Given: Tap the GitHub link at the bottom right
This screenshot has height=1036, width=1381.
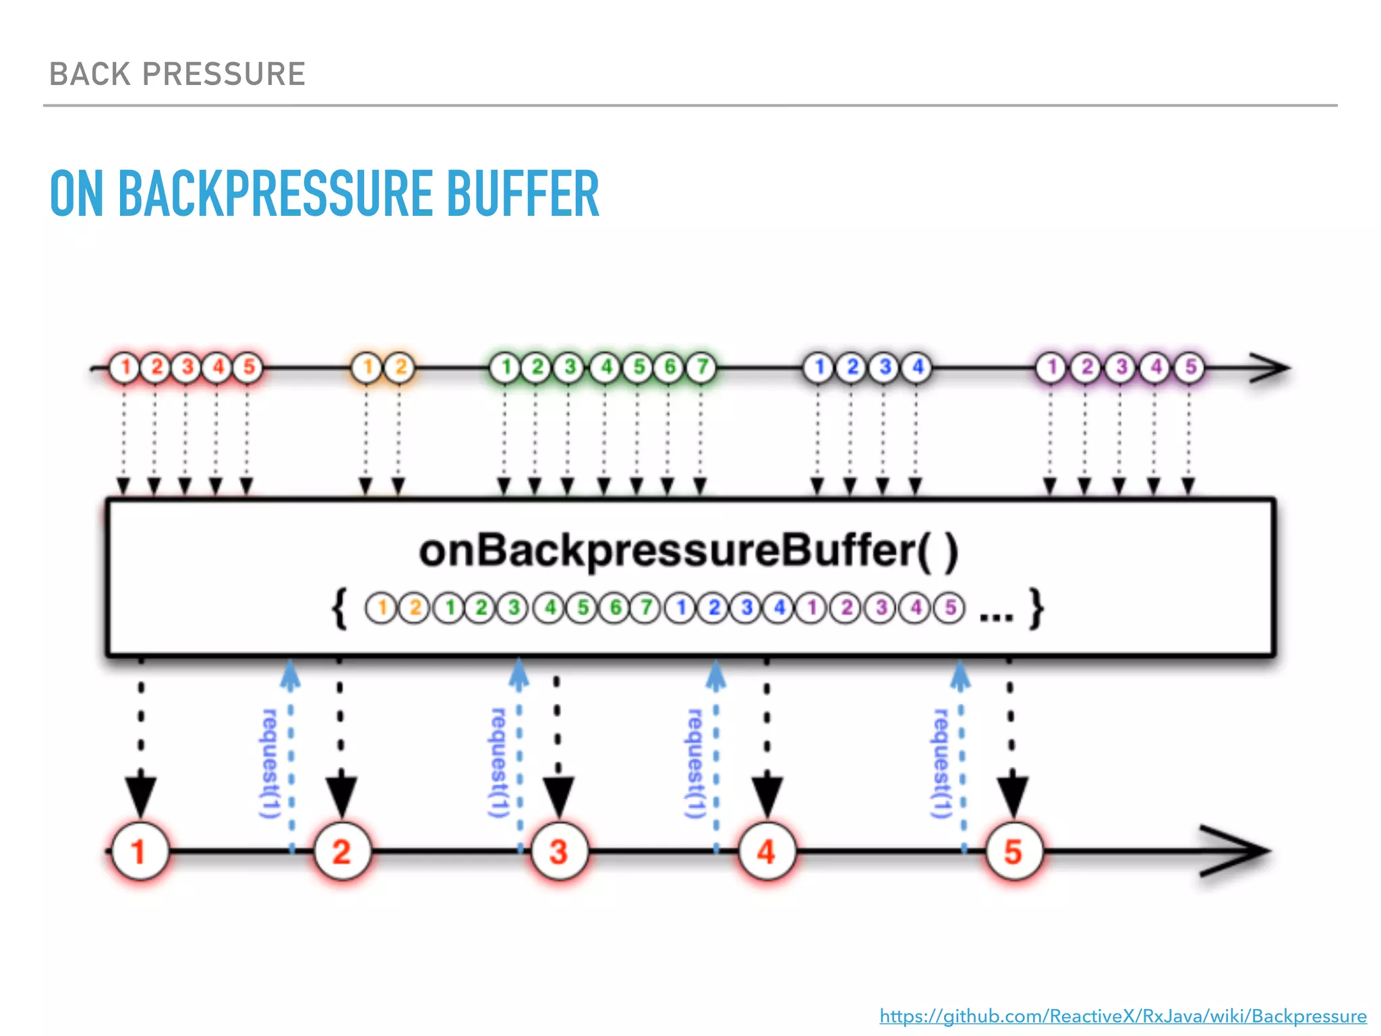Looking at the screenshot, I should [x=1123, y=1016].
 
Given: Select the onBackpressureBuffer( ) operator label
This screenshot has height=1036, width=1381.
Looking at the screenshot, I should [x=688, y=551].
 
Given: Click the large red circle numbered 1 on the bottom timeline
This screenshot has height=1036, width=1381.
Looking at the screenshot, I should [x=140, y=851].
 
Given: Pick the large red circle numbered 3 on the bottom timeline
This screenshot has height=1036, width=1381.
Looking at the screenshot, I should [x=559, y=851].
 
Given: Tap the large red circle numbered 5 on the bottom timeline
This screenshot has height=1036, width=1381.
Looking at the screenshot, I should [x=1013, y=851].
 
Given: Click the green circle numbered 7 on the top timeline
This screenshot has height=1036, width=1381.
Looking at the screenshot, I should [x=701, y=368].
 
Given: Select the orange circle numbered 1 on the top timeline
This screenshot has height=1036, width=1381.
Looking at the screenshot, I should [x=368, y=368].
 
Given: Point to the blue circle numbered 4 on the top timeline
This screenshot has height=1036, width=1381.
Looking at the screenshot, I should [x=917, y=368].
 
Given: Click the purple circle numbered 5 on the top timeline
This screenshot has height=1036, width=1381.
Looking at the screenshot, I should [x=1190, y=368].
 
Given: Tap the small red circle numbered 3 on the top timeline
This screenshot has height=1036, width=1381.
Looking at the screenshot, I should [x=187, y=368].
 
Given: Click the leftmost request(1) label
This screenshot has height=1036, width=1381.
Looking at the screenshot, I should [x=270, y=764].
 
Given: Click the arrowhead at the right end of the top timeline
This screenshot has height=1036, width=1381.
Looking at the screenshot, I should [x=1271, y=368].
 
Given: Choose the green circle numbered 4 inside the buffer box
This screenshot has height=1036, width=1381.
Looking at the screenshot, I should [x=550, y=608].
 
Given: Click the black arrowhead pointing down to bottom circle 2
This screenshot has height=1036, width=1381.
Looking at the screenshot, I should [x=341, y=796].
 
